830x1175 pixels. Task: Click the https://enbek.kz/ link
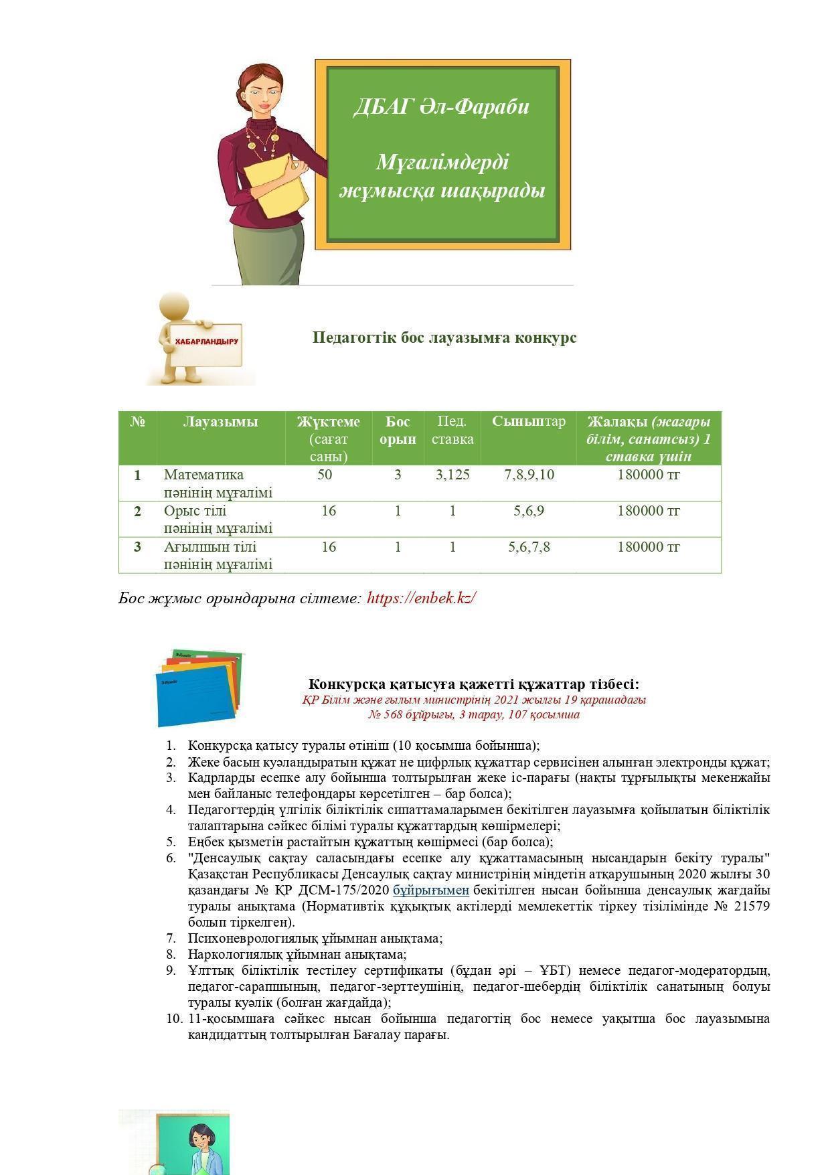421,598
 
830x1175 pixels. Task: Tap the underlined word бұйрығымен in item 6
430,890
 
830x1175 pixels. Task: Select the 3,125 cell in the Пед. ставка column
452,475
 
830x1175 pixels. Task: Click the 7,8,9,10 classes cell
529,475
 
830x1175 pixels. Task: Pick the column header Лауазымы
220,422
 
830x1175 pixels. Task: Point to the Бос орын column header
398,430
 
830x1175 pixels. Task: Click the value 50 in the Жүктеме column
325,475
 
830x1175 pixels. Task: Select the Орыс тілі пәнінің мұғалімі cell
218,520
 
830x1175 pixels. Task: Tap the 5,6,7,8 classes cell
529,547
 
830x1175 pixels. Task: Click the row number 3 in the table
137,547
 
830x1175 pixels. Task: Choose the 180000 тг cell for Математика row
648,475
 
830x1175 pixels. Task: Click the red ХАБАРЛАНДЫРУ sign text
206,341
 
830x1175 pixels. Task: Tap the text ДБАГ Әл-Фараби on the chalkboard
441,106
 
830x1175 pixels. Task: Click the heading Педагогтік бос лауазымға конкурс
444,337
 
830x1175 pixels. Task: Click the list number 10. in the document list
174,1018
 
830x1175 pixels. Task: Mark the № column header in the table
137,422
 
